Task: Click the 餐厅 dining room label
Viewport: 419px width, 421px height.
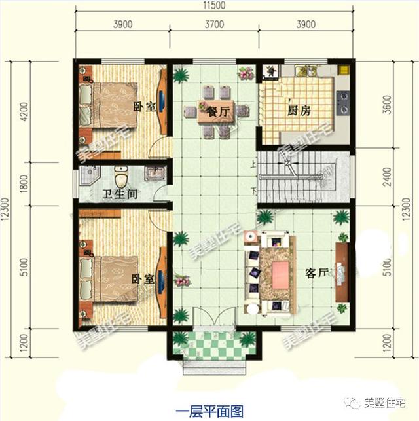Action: [218, 112]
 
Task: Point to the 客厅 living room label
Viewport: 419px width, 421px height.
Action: [317, 273]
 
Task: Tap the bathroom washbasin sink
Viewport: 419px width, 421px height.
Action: [155, 174]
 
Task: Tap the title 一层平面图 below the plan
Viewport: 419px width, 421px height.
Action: [209, 411]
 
